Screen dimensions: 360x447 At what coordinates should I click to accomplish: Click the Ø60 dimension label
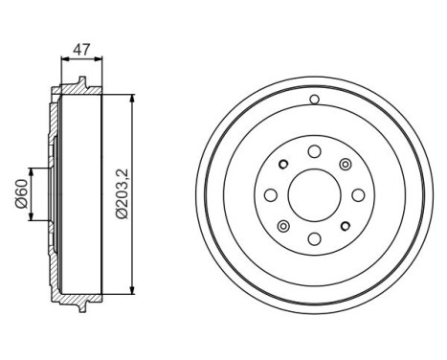click(20, 195)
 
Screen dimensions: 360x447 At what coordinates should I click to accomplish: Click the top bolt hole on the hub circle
click(314, 150)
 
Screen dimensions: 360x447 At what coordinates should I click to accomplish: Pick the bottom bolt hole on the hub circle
click(314, 239)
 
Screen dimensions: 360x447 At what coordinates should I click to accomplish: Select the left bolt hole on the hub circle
click(270, 195)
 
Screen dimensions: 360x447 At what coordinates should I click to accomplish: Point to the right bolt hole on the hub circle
click(358, 195)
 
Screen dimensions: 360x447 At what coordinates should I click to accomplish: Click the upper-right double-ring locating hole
click(346, 164)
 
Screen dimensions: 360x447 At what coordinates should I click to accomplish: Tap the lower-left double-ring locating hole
click(282, 226)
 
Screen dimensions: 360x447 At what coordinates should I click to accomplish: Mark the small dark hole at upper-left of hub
click(283, 164)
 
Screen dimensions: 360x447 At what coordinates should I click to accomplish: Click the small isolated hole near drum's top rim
click(314, 100)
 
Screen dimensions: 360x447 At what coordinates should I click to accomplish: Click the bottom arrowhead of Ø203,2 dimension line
click(132, 292)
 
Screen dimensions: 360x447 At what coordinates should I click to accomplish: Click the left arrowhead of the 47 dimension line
click(64, 58)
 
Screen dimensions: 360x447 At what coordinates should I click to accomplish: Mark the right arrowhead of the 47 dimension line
click(100, 58)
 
